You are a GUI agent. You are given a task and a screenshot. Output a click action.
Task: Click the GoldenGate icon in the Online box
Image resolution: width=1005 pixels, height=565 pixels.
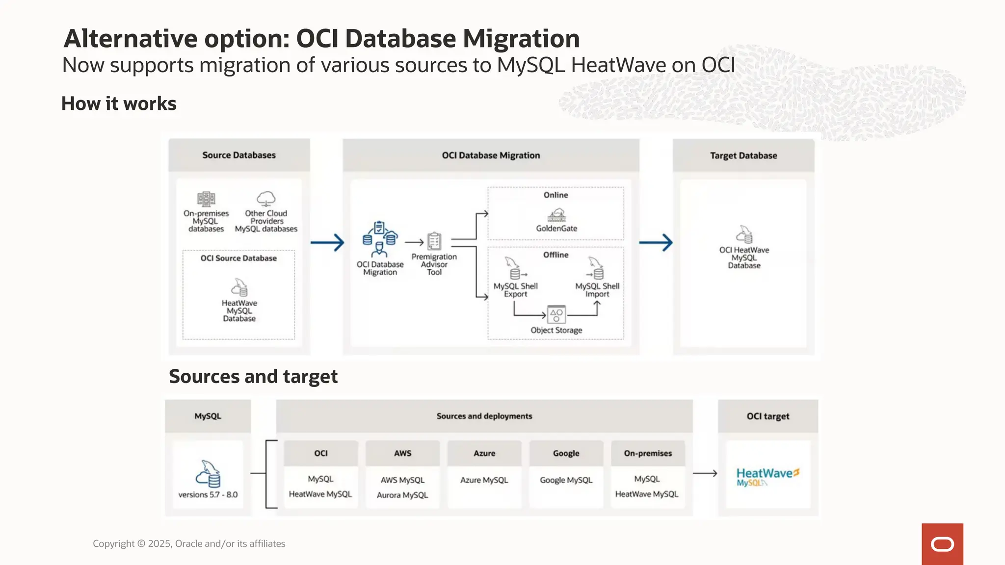point(556,215)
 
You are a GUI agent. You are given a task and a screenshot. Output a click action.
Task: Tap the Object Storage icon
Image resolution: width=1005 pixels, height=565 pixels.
point(556,314)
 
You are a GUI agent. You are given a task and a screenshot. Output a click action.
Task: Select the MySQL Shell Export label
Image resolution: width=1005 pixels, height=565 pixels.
point(515,290)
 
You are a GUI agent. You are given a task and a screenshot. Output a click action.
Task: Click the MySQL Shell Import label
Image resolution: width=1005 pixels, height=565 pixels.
point(597,290)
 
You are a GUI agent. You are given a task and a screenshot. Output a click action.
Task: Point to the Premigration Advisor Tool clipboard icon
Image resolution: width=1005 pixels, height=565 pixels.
point(434,241)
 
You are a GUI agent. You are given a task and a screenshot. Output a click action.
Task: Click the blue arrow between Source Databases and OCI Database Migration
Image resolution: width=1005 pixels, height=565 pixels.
point(327,242)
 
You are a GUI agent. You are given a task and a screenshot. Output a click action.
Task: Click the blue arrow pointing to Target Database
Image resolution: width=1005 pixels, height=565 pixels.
point(656,242)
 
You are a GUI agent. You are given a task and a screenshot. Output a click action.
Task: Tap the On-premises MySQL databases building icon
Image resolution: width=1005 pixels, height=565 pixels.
point(206,199)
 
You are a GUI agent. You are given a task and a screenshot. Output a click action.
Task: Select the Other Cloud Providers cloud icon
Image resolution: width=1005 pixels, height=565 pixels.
point(266,199)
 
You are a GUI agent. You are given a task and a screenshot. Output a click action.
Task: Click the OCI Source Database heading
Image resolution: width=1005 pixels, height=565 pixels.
point(238,258)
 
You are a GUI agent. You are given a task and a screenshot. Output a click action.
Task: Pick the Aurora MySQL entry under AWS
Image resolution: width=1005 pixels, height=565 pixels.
point(402,495)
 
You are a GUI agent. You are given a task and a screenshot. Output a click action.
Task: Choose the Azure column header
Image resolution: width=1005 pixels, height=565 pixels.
point(484,453)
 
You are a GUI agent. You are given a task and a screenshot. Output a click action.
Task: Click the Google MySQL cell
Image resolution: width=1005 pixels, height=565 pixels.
point(566,480)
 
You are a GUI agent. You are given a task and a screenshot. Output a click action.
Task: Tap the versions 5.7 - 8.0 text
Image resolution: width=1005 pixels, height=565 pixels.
point(208,494)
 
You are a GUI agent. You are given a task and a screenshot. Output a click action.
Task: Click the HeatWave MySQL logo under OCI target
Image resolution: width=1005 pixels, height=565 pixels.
point(767,476)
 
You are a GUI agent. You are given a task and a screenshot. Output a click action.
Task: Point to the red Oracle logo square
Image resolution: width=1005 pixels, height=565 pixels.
point(942,544)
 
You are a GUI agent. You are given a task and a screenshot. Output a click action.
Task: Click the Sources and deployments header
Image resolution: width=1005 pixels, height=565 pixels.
point(484,416)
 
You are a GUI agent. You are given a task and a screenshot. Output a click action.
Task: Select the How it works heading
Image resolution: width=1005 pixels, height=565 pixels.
point(119,103)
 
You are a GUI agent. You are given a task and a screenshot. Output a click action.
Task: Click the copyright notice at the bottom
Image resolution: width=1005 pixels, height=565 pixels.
point(189,543)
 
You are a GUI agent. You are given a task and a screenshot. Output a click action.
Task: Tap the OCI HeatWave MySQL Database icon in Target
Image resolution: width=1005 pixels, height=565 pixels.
point(744,234)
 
